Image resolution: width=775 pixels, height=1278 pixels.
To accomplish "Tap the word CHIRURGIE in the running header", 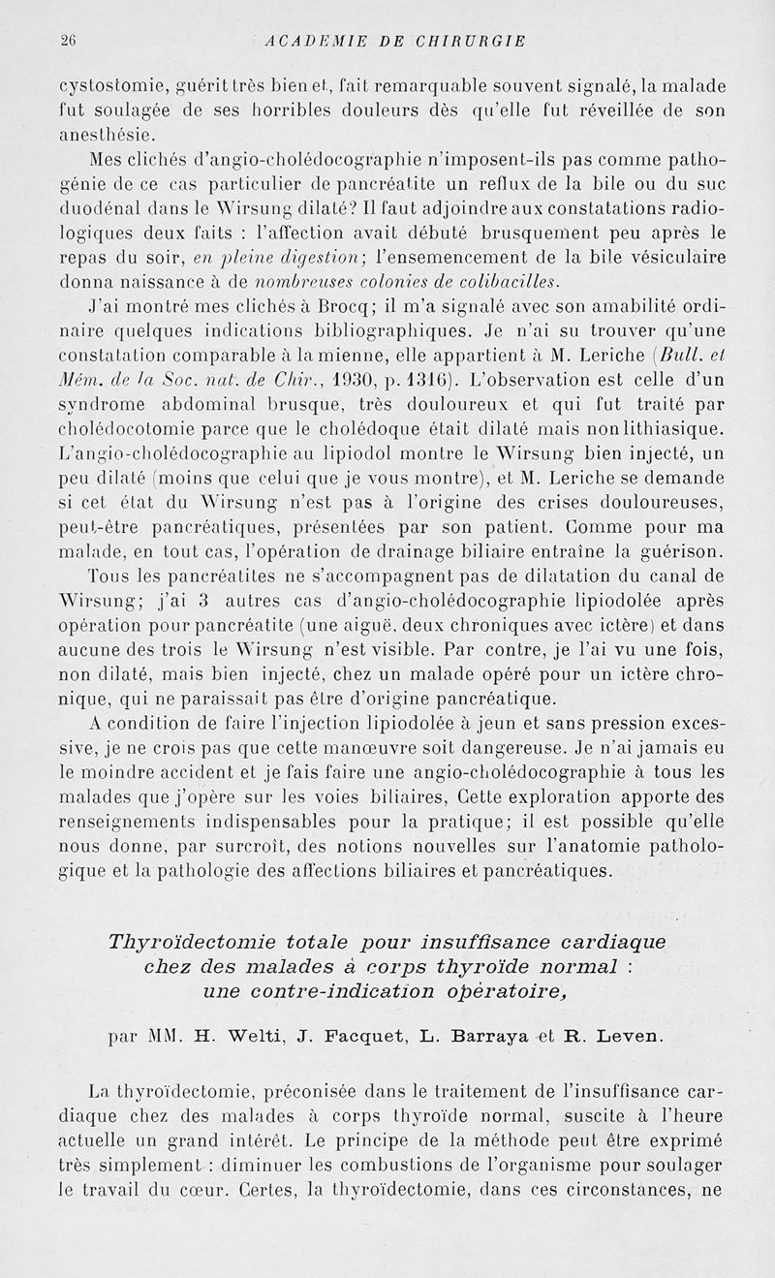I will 467,41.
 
